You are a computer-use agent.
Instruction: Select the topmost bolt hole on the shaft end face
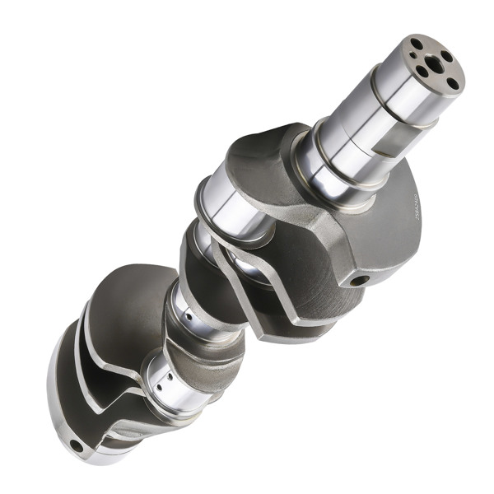click(x=418, y=44)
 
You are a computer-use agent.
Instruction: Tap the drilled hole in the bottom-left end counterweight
click(x=76, y=445)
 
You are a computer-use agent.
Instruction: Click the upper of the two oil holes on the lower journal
click(x=161, y=375)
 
